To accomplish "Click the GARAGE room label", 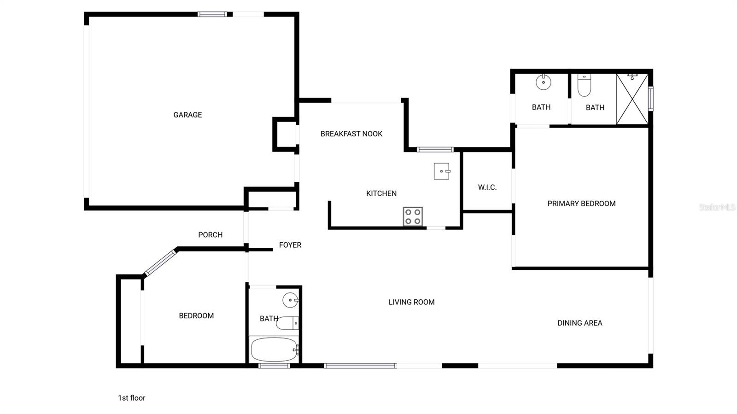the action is point(187,115).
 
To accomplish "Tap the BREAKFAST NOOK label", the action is point(351,134).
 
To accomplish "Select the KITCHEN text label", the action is point(381,193).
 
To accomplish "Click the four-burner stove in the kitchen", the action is point(413,216).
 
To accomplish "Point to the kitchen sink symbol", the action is point(442,171).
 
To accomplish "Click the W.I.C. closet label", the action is point(487,187).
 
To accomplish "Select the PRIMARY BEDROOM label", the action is point(581,204).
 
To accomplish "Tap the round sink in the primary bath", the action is point(544,82).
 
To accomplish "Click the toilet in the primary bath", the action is point(585,85).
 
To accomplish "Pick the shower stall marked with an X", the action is point(632,99).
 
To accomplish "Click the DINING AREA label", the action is point(580,323).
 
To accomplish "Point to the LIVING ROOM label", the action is point(411,302).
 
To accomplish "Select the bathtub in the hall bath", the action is point(274,350).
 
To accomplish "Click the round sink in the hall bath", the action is point(290,300).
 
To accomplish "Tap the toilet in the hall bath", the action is point(287,323).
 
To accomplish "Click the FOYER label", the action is point(290,245).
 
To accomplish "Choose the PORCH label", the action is point(210,235).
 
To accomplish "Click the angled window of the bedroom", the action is point(160,263).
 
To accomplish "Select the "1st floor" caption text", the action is point(132,398).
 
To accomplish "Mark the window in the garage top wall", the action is point(212,14).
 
